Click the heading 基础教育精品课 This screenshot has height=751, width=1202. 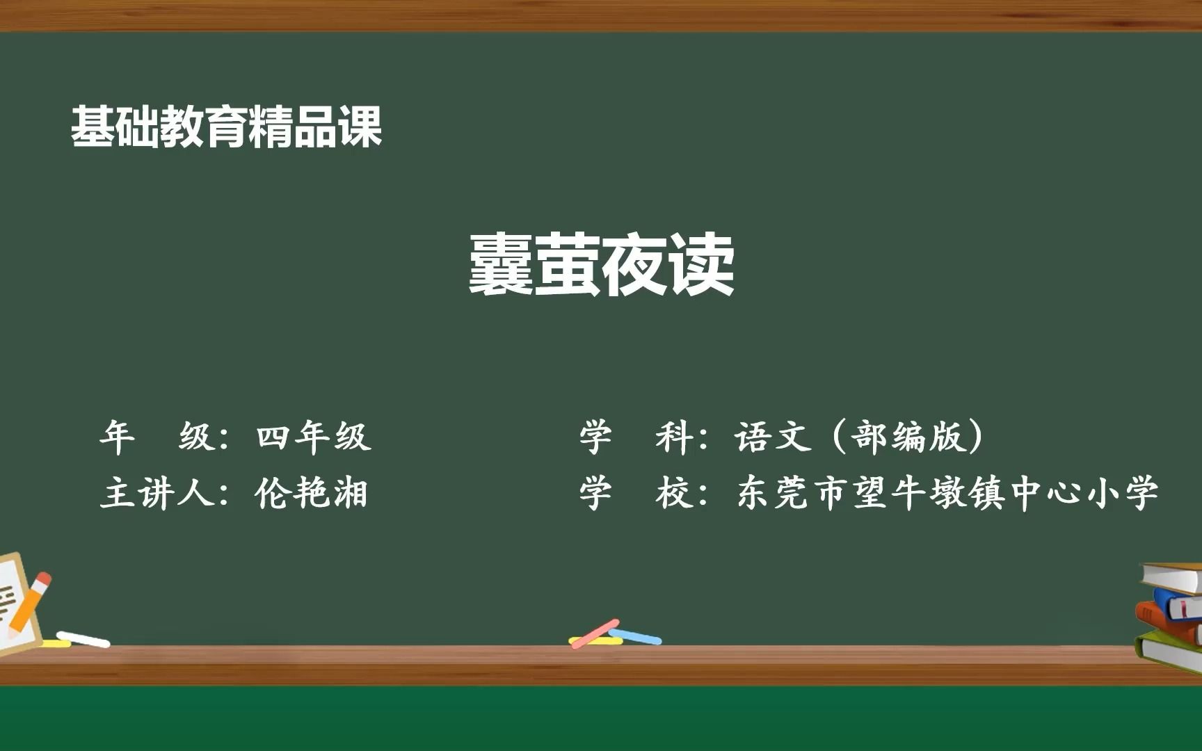[x=227, y=127]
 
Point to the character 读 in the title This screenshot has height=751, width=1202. [x=702, y=264]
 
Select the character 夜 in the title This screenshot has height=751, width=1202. [x=635, y=264]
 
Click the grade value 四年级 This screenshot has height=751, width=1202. [x=314, y=437]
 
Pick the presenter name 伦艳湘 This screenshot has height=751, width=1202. [x=311, y=493]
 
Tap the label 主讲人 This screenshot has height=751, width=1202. [x=157, y=493]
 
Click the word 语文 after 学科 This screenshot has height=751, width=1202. [x=773, y=437]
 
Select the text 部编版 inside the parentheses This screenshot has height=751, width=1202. [x=908, y=437]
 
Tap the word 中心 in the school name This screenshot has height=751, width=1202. [x=1044, y=493]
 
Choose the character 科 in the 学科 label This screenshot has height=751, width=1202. [x=674, y=437]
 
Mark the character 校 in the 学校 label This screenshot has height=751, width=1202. [x=674, y=493]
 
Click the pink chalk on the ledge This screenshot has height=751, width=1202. [x=595, y=633]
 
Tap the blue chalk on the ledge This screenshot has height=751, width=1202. [x=635, y=636]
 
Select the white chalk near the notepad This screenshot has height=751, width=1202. [x=83, y=639]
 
